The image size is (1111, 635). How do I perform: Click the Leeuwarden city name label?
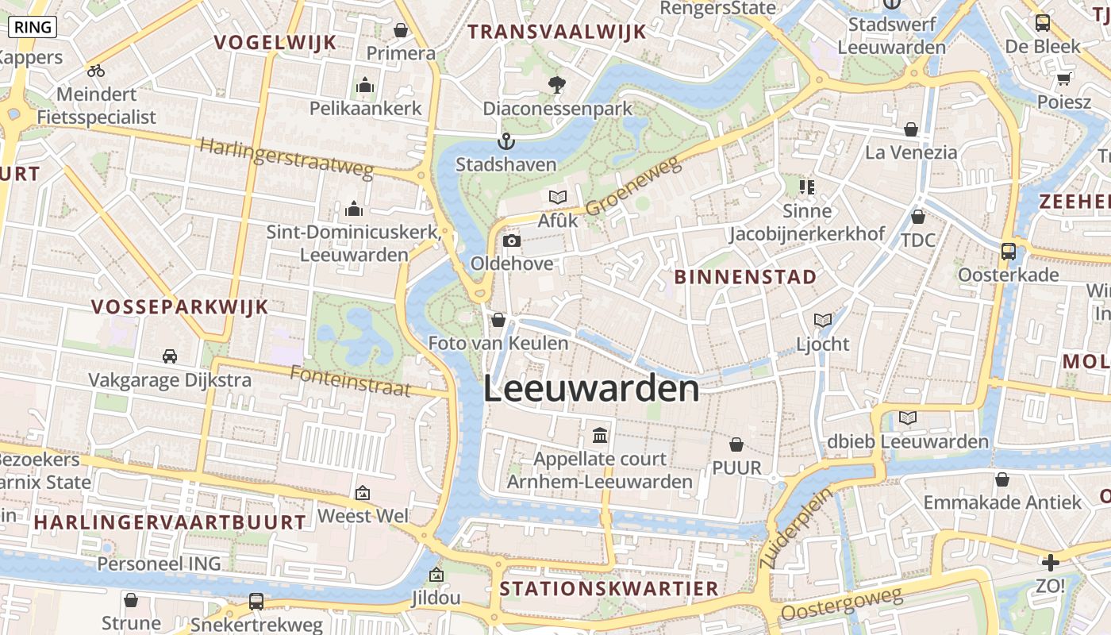tap(592, 390)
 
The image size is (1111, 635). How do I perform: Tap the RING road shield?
tap(33, 27)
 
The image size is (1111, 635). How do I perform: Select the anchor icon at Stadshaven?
tap(506, 142)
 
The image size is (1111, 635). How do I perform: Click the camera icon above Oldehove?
tap(512, 241)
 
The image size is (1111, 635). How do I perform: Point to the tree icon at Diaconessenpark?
tap(558, 85)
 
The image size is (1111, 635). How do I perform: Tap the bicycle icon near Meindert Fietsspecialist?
tap(96, 71)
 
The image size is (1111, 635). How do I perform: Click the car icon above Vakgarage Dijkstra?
tap(170, 356)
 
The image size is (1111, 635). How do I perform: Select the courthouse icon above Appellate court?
tap(600, 436)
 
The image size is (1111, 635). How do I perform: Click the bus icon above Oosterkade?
tap(1009, 252)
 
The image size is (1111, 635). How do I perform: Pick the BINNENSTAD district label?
tap(745, 277)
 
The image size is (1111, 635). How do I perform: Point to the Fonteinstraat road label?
tap(350, 381)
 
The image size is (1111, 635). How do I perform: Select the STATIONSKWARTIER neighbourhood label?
tap(609, 589)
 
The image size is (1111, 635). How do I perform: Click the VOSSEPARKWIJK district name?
tap(180, 307)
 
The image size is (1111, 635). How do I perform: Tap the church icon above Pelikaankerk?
tap(365, 85)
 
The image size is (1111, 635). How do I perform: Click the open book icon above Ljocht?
tap(823, 321)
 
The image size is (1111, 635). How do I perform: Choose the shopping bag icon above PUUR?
tap(736, 444)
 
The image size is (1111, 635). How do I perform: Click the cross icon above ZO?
tap(1051, 564)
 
